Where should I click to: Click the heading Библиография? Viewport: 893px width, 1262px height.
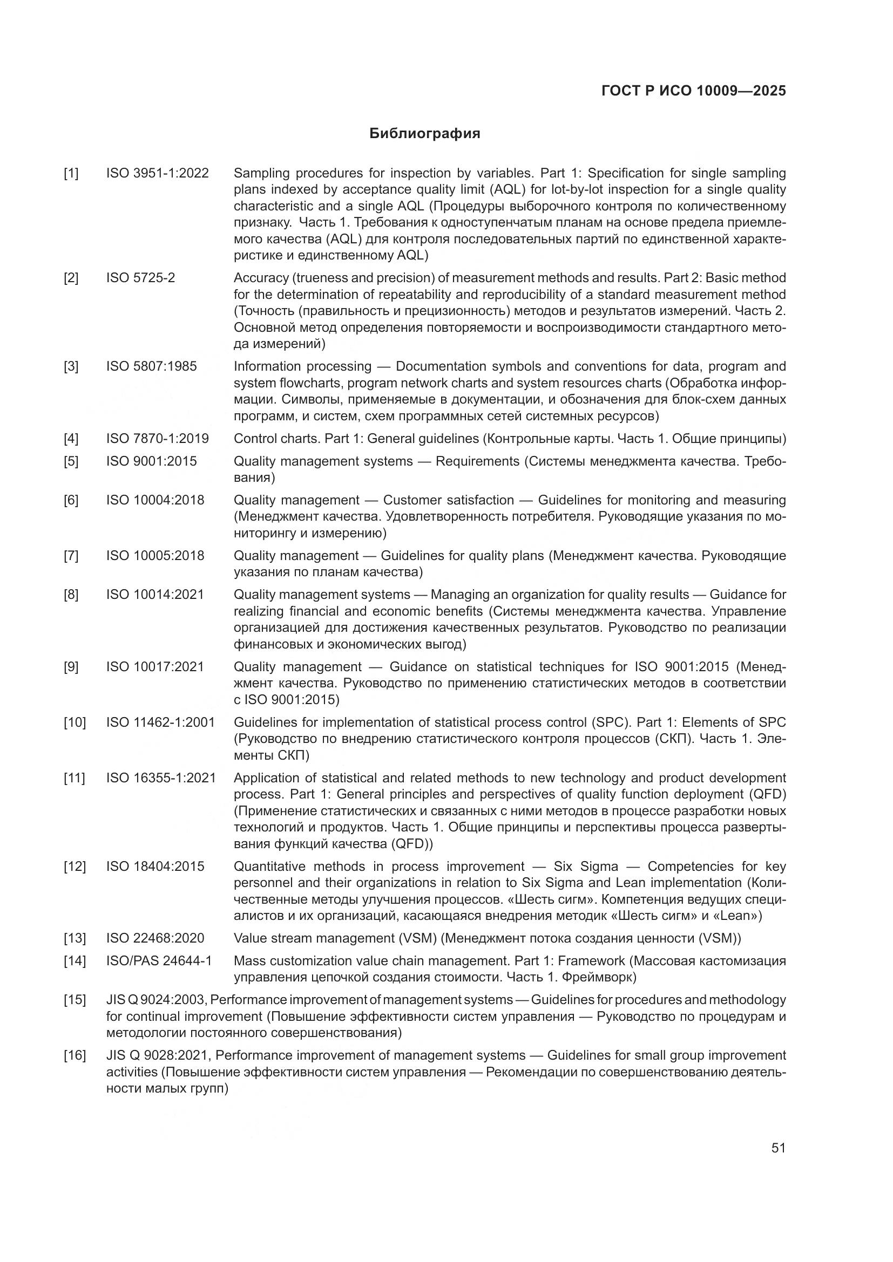coord(424,134)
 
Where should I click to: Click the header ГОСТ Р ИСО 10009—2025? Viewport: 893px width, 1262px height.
coord(693,91)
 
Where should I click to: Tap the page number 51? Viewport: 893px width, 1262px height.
coord(778,1148)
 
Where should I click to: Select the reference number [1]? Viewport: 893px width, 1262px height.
coord(71,174)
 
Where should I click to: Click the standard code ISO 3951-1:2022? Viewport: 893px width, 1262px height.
coord(157,174)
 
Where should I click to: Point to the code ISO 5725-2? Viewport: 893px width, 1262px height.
coord(140,278)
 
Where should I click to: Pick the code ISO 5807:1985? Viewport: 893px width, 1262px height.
coord(151,366)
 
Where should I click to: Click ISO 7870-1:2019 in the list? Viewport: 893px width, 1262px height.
coord(157,439)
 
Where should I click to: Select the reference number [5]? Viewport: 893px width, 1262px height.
coord(71,461)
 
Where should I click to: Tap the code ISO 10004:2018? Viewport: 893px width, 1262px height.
coord(155,500)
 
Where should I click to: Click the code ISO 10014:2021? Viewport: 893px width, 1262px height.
coord(155,595)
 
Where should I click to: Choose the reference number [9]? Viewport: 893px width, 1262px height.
coord(71,667)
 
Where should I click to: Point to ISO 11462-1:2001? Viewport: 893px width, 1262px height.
coord(160,723)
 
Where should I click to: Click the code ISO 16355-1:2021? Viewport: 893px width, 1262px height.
coord(160,779)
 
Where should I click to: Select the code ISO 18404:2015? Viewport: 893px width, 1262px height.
coord(155,867)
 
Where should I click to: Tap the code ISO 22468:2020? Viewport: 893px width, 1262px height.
coord(155,938)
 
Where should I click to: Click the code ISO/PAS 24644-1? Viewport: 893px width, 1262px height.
coord(159,961)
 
